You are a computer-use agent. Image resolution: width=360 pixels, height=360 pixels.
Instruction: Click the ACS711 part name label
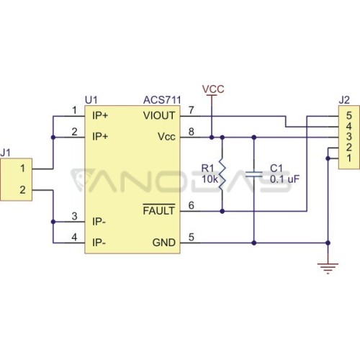(162, 100)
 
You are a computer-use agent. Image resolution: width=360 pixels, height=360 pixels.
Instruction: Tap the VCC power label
(213, 89)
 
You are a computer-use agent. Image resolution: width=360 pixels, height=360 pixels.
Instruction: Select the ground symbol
(328, 269)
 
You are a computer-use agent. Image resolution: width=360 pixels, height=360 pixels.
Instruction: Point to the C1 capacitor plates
(254, 174)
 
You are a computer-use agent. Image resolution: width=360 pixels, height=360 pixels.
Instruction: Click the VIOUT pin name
(159, 116)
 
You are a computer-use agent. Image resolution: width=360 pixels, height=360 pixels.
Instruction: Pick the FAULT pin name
(159, 210)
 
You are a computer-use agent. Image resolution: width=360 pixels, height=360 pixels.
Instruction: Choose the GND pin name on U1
(164, 243)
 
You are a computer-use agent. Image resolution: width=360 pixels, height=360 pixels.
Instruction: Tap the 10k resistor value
(210, 179)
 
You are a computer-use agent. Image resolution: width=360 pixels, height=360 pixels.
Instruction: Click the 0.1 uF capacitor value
(285, 179)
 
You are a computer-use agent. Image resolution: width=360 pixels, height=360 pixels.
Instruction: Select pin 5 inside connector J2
(349, 116)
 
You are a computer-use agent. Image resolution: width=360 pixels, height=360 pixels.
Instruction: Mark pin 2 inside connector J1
(22, 190)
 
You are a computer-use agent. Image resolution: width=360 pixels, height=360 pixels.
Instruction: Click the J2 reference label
(344, 100)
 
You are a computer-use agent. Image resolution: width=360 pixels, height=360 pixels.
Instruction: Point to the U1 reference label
(91, 100)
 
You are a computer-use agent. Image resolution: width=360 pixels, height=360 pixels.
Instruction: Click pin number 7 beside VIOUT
(191, 110)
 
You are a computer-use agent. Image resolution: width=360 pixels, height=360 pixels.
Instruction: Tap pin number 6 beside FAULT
(191, 205)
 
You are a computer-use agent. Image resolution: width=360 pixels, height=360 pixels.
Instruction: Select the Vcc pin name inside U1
(166, 137)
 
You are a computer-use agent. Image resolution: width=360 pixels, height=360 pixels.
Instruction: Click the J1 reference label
(5, 153)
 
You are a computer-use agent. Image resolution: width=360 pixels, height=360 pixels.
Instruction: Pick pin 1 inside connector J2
(349, 158)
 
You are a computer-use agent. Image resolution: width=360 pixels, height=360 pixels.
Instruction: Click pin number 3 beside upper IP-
(74, 216)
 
